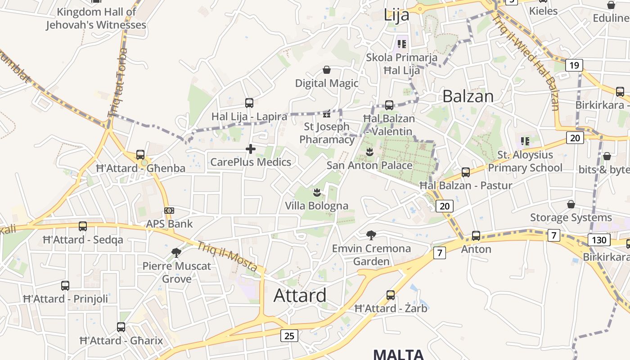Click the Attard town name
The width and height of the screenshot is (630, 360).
tap(300, 295)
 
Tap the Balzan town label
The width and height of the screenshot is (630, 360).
tap(468, 96)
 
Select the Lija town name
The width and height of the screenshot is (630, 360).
tap(396, 15)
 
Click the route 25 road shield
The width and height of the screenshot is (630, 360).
tap(289, 335)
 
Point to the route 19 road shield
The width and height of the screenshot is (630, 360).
tap(574, 65)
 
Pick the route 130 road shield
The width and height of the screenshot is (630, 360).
tap(599, 240)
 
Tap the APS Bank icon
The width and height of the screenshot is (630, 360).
tap(169, 211)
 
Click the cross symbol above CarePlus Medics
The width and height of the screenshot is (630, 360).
tap(251, 149)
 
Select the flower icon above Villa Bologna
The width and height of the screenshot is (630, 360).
tap(317, 193)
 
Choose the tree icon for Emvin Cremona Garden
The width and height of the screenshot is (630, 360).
tap(371, 235)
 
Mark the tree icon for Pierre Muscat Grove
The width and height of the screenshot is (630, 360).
tap(176, 252)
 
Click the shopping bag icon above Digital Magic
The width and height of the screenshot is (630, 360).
tap(327, 70)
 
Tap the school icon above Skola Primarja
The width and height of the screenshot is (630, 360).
tap(402, 44)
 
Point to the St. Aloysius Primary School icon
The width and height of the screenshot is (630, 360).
tap(525, 141)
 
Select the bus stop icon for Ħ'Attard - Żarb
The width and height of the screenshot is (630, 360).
tap(391, 295)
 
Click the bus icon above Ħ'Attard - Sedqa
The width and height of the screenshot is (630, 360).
tap(83, 226)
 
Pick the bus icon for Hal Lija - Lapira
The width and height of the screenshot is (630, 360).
tap(249, 103)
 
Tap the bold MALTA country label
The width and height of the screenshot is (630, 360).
tap(399, 354)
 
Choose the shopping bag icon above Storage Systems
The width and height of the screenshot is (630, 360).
tap(571, 204)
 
